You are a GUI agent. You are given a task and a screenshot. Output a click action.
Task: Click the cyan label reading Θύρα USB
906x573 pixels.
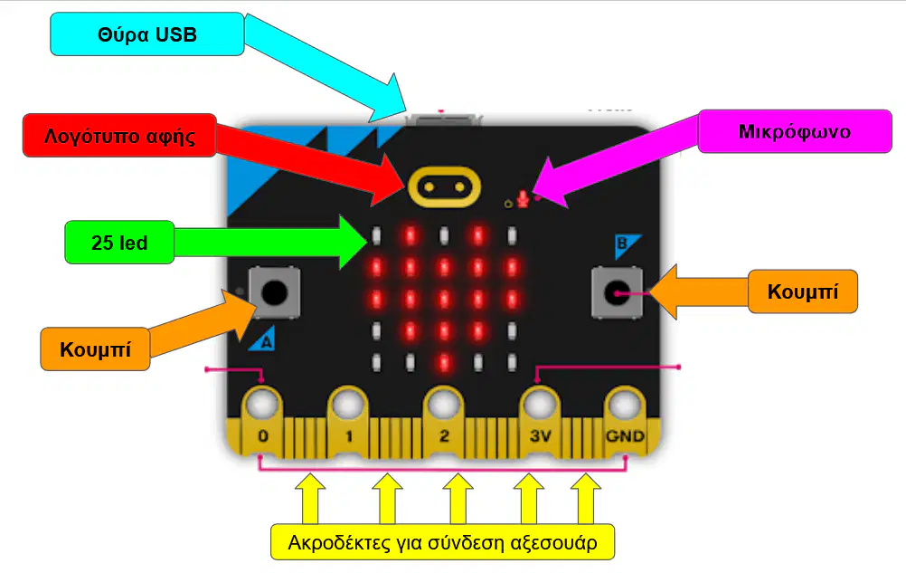coord(146,34)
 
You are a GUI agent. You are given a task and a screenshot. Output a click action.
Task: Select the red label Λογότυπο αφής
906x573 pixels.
coord(119,135)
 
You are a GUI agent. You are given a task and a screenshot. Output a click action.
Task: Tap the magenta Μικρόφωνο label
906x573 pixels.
coord(795,131)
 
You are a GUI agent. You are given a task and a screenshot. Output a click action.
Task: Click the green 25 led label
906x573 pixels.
coord(119,243)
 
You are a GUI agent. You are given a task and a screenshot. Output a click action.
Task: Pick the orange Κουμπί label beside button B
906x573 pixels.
coord(803,291)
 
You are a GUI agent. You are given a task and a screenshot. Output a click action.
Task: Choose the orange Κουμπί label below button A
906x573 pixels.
coord(95,349)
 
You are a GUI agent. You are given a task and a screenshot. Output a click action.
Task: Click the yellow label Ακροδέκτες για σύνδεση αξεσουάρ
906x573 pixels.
coord(442,542)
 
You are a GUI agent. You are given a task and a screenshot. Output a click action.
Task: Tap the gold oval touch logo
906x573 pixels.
coord(444,186)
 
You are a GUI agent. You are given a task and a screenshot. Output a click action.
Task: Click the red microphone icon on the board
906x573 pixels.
coord(523,199)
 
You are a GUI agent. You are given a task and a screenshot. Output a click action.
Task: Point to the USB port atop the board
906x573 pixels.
coord(444,119)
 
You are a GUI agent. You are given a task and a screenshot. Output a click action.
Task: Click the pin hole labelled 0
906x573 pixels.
coord(263,404)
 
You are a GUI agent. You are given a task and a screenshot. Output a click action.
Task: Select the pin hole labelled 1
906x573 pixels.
coord(348,404)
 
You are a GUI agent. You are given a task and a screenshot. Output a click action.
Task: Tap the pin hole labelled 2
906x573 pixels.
coord(443,404)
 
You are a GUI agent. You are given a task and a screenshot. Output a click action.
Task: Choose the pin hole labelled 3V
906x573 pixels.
coord(540,404)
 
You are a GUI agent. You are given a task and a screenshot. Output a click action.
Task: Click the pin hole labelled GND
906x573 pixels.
coord(625,404)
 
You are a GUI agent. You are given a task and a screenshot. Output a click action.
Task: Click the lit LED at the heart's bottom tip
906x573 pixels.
coord(444,362)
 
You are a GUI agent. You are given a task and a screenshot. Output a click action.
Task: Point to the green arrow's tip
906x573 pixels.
coord(367,242)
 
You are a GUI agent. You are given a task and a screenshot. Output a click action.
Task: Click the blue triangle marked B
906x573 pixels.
coord(626,244)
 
